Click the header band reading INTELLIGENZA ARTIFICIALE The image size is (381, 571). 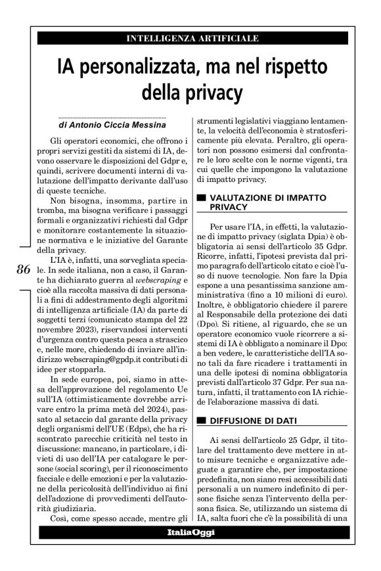coord(191,39)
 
